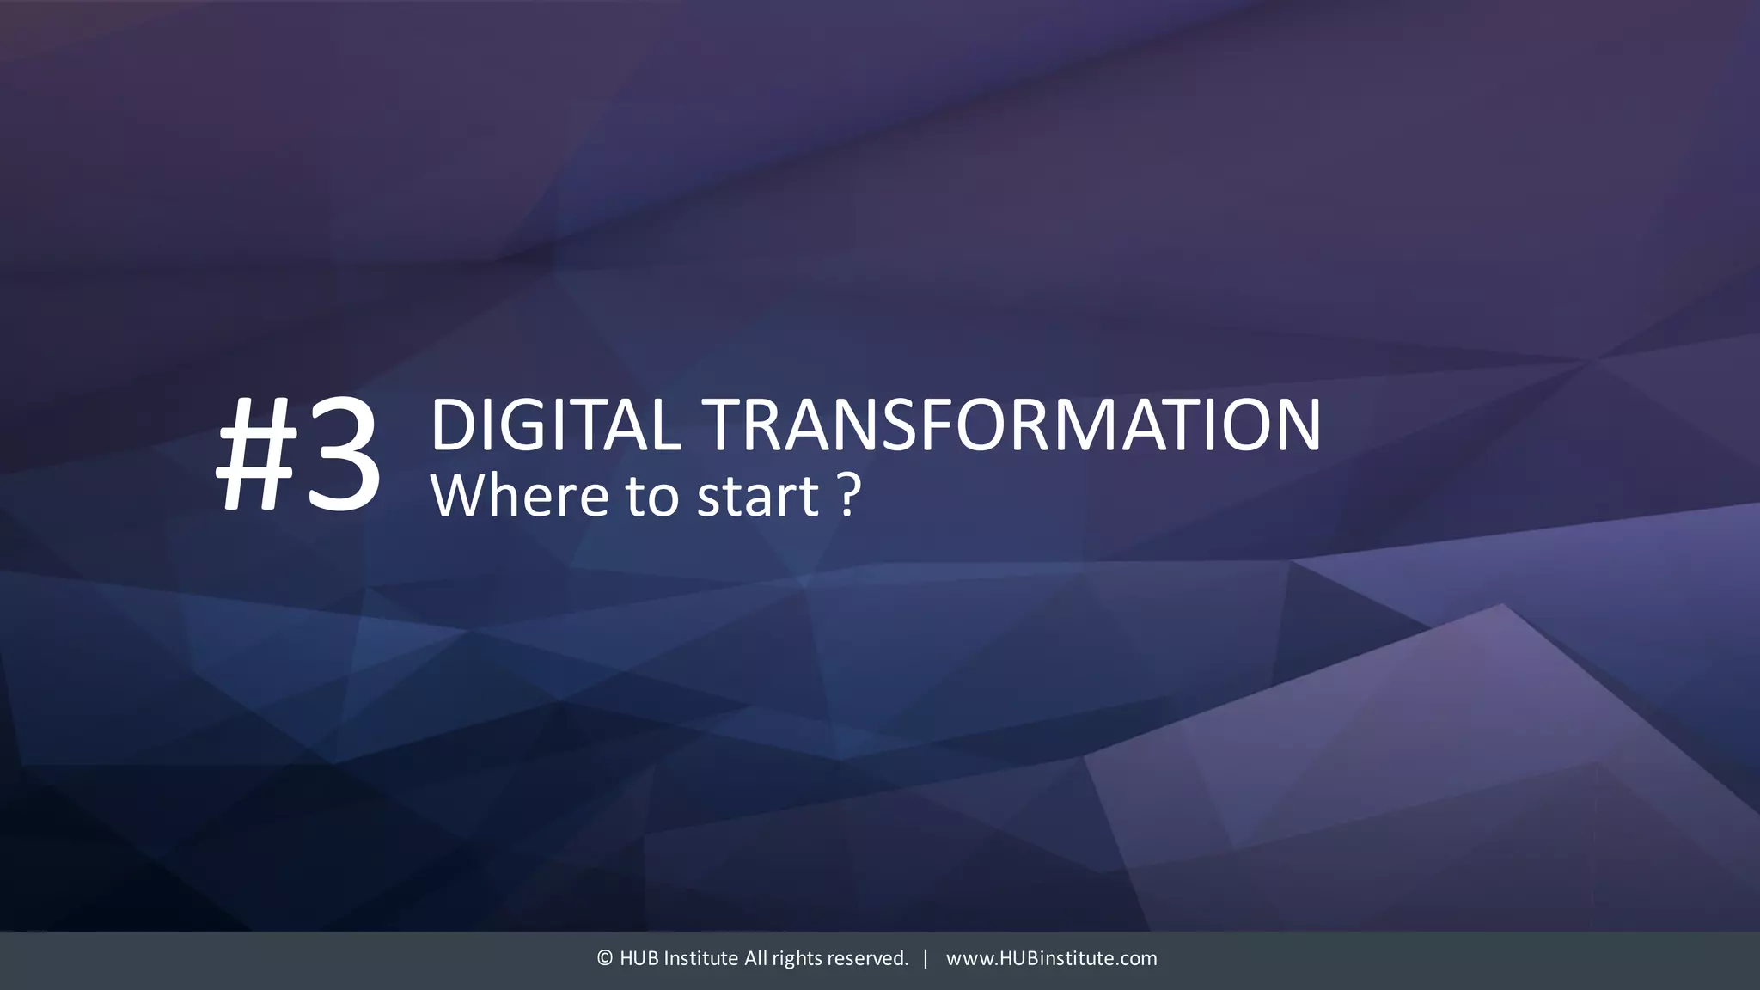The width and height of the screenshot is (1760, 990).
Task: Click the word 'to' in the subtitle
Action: pyautogui.click(x=652, y=497)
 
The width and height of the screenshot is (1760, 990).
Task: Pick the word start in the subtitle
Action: pyautogui.click(x=757, y=497)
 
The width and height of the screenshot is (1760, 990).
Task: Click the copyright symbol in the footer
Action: pyautogui.click(x=604, y=958)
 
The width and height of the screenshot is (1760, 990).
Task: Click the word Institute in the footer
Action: pyautogui.click(x=700, y=958)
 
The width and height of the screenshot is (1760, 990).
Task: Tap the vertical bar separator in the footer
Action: pyautogui.click(x=926, y=958)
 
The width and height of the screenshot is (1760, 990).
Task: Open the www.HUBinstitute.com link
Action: pyautogui.click(x=1051, y=958)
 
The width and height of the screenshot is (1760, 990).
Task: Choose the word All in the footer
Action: pyautogui.click(x=755, y=958)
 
